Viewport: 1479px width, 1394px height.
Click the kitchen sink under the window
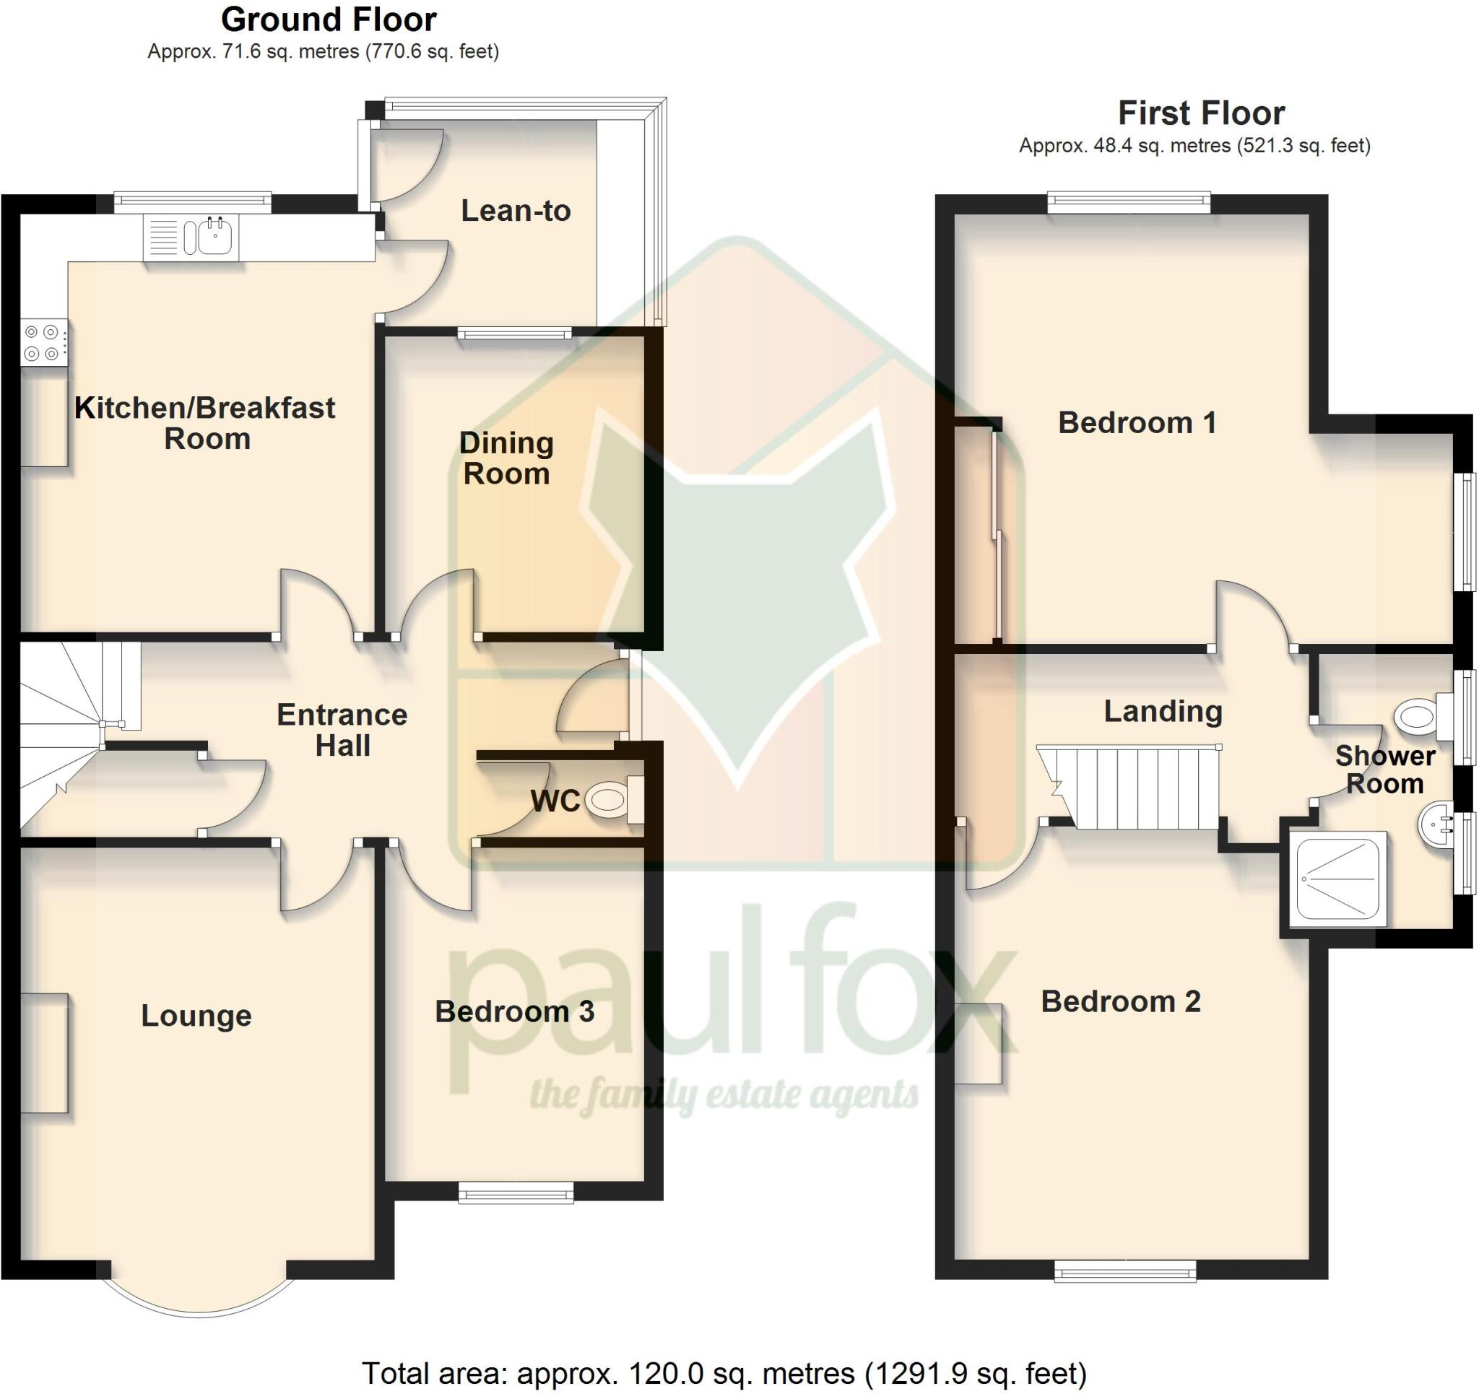tap(191, 238)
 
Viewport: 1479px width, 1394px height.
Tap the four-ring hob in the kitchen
tap(43, 343)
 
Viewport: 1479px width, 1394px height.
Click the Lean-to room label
tap(516, 212)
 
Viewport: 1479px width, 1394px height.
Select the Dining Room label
tap(507, 458)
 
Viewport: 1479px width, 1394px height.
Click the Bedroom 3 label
tap(514, 1011)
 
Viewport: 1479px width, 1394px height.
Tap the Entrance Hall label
tap(342, 730)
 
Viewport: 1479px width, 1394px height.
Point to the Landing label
tap(1163, 711)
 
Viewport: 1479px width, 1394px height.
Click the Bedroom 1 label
tap(1137, 422)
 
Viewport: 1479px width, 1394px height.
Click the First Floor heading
tap(1201, 113)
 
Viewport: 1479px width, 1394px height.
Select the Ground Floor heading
tap(328, 19)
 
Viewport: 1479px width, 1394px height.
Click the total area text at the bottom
tap(724, 1373)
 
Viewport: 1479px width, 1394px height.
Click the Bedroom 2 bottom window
tap(1125, 1271)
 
